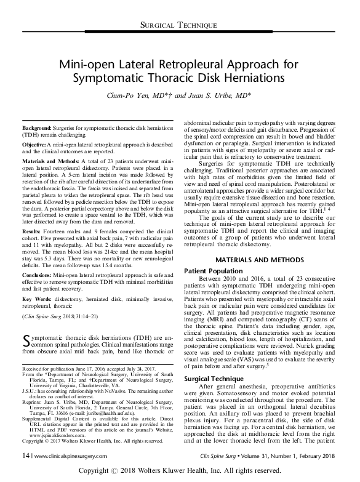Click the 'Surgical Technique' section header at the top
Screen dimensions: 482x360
180,25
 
